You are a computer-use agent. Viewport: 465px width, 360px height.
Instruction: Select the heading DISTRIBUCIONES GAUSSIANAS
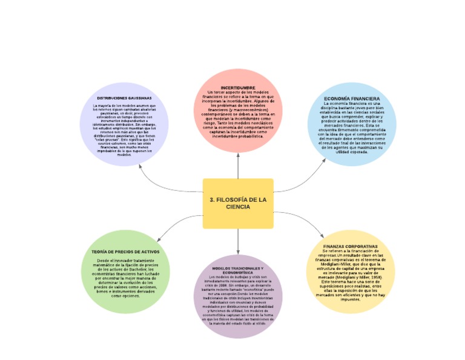point(124,98)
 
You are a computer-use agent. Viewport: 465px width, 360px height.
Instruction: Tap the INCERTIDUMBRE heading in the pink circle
point(238,87)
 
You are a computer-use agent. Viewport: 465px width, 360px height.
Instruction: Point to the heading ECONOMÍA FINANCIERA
point(351,98)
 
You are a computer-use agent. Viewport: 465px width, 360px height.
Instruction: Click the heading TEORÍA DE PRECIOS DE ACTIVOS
point(125,251)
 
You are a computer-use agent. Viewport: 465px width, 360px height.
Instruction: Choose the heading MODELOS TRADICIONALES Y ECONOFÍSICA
point(237,270)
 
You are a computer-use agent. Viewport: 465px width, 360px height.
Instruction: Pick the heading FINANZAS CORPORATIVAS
point(351,247)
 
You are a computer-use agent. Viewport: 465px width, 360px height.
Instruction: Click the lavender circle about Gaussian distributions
point(124,130)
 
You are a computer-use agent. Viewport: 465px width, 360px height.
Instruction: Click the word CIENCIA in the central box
point(238,207)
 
